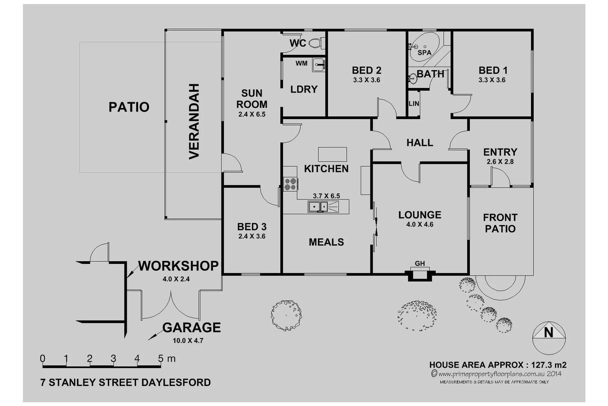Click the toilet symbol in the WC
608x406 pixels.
coord(316,43)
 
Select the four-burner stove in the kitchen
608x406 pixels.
coord(290,184)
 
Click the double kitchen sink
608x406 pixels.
coord(318,207)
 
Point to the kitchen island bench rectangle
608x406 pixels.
coord(332,154)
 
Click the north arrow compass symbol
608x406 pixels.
coord(549,337)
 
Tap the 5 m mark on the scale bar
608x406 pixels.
coord(161,359)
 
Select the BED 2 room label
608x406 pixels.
coord(366,70)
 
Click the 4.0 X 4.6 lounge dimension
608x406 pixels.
coord(420,224)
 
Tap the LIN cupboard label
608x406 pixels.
coord(414,104)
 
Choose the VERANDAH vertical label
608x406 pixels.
coord(194,121)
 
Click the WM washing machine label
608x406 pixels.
coord(301,64)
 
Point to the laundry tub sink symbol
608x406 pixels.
coord(319,65)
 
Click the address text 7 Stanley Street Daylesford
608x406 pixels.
coord(125,383)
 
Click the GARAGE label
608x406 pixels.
coord(191,327)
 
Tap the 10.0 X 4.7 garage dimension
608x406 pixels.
coord(188,341)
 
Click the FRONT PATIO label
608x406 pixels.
coord(500,223)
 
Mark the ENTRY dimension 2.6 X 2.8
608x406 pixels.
coord(500,162)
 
